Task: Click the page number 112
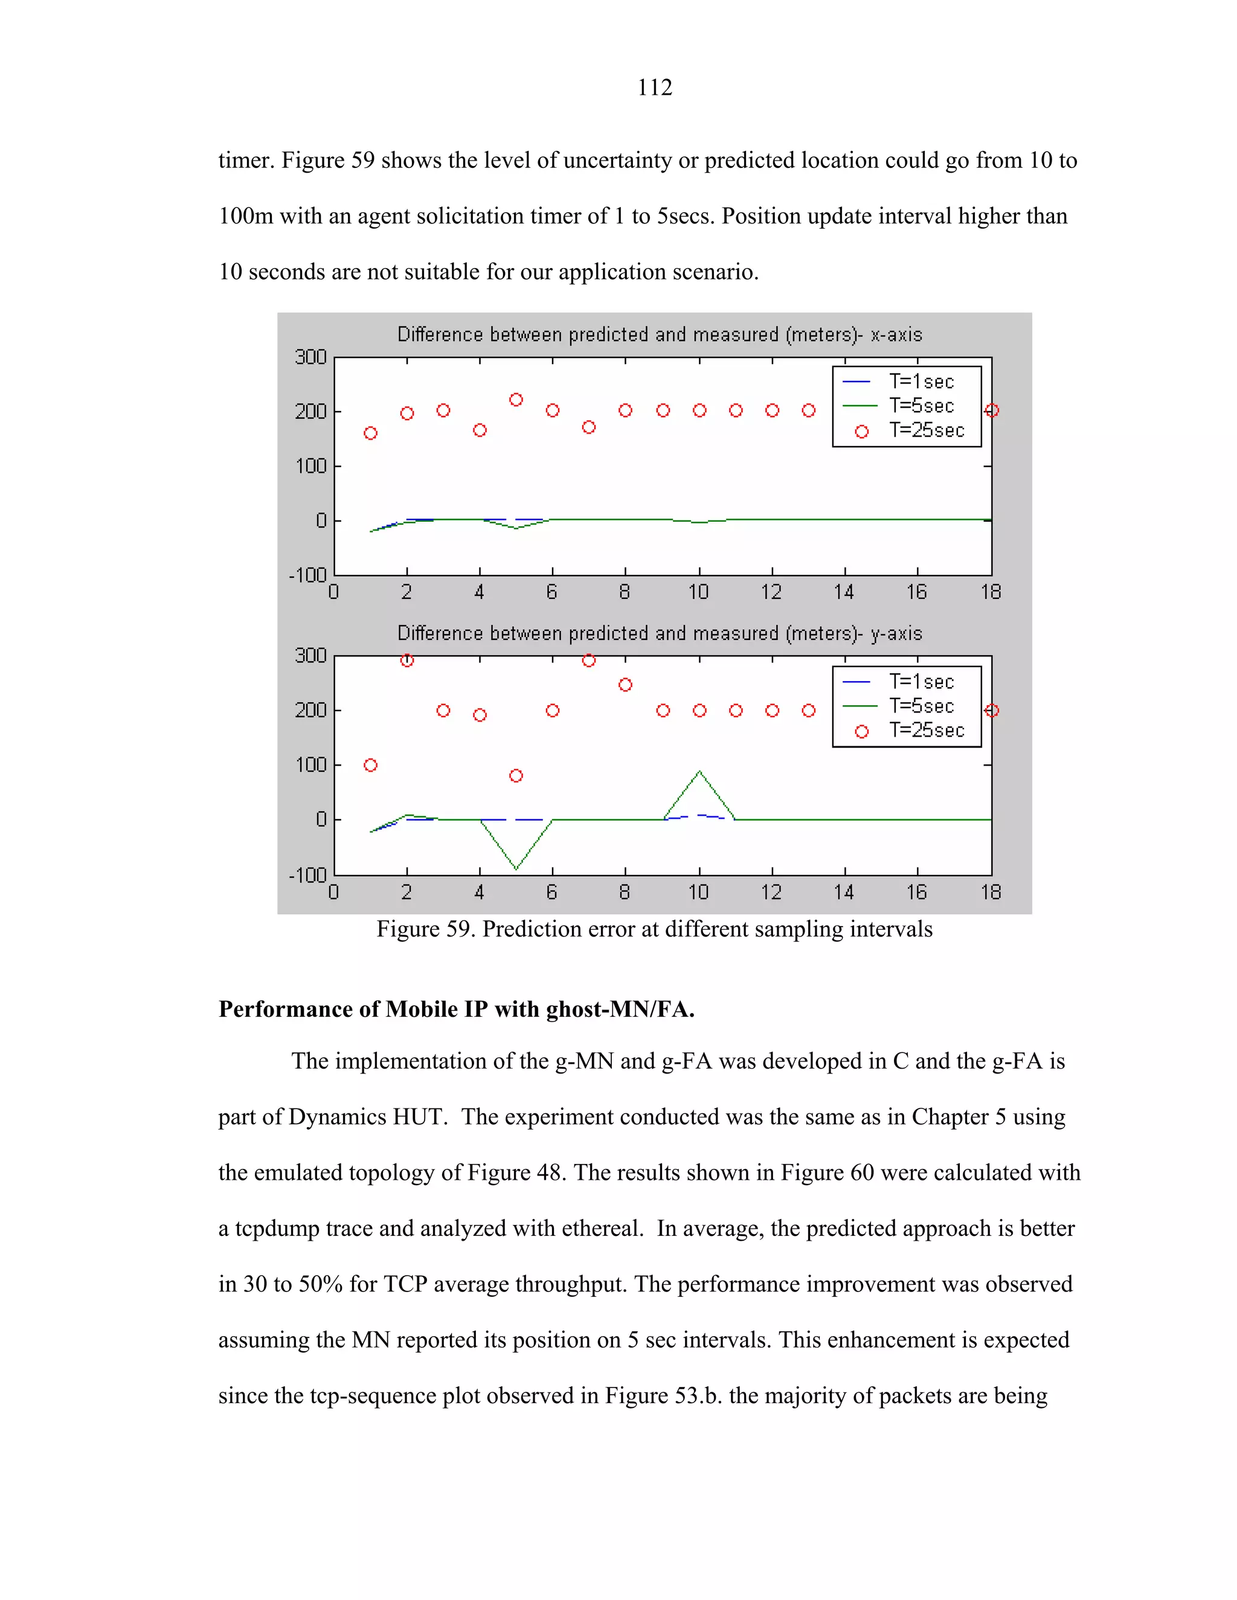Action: tap(654, 87)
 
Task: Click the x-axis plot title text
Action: tap(660, 335)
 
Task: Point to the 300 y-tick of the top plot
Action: tap(310, 357)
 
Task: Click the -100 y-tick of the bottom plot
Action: tap(308, 875)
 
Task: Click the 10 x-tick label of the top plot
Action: tap(698, 592)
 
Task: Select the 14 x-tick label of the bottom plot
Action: tap(843, 892)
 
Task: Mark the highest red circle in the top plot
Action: tap(516, 400)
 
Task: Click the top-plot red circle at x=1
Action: tap(371, 434)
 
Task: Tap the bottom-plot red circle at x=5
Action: tap(516, 776)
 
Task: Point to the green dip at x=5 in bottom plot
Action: tap(516, 869)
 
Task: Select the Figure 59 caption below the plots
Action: tap(654, 930)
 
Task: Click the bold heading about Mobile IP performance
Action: tap(457, 1010)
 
